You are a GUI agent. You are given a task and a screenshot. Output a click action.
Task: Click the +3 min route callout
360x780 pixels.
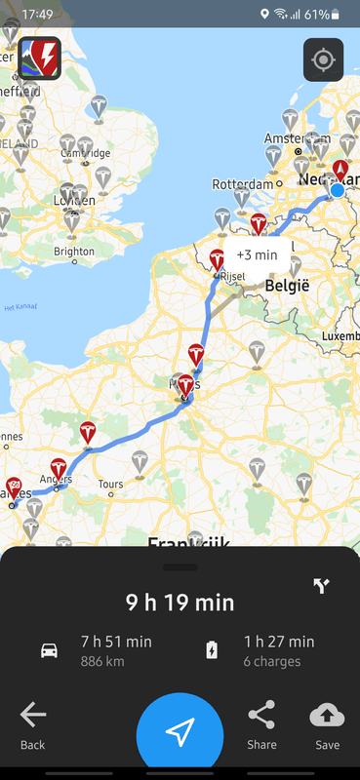point(257,255)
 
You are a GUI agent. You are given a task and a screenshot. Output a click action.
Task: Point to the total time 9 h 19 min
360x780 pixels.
point(180,602)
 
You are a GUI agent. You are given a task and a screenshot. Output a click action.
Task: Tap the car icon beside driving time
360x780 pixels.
point(49,650)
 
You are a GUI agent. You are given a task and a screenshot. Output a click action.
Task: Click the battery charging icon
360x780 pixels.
point(212,650)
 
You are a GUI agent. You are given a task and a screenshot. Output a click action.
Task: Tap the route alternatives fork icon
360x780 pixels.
point(322,586)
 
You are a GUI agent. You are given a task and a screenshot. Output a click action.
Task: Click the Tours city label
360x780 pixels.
point(110,484)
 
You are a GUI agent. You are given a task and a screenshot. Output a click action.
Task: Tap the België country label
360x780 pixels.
point(286,287)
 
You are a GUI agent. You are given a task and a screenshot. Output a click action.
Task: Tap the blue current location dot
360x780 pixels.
point(338,189)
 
